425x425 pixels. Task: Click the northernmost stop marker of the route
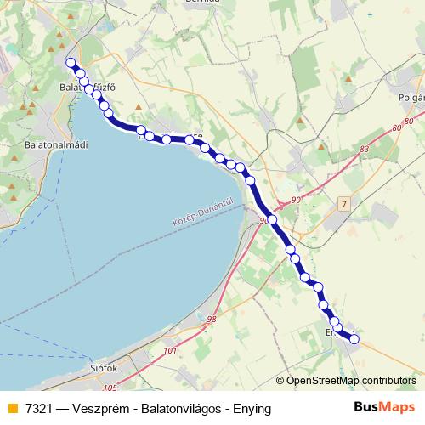[71, 62]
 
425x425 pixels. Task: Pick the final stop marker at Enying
[354, 340]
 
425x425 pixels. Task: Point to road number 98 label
[212, 320]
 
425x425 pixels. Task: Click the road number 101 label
[171, 350]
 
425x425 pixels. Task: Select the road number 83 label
[365, 149]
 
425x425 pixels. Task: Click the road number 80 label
[397, 127]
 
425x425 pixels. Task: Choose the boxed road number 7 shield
[343, 205]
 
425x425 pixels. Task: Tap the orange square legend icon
[12, 409]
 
